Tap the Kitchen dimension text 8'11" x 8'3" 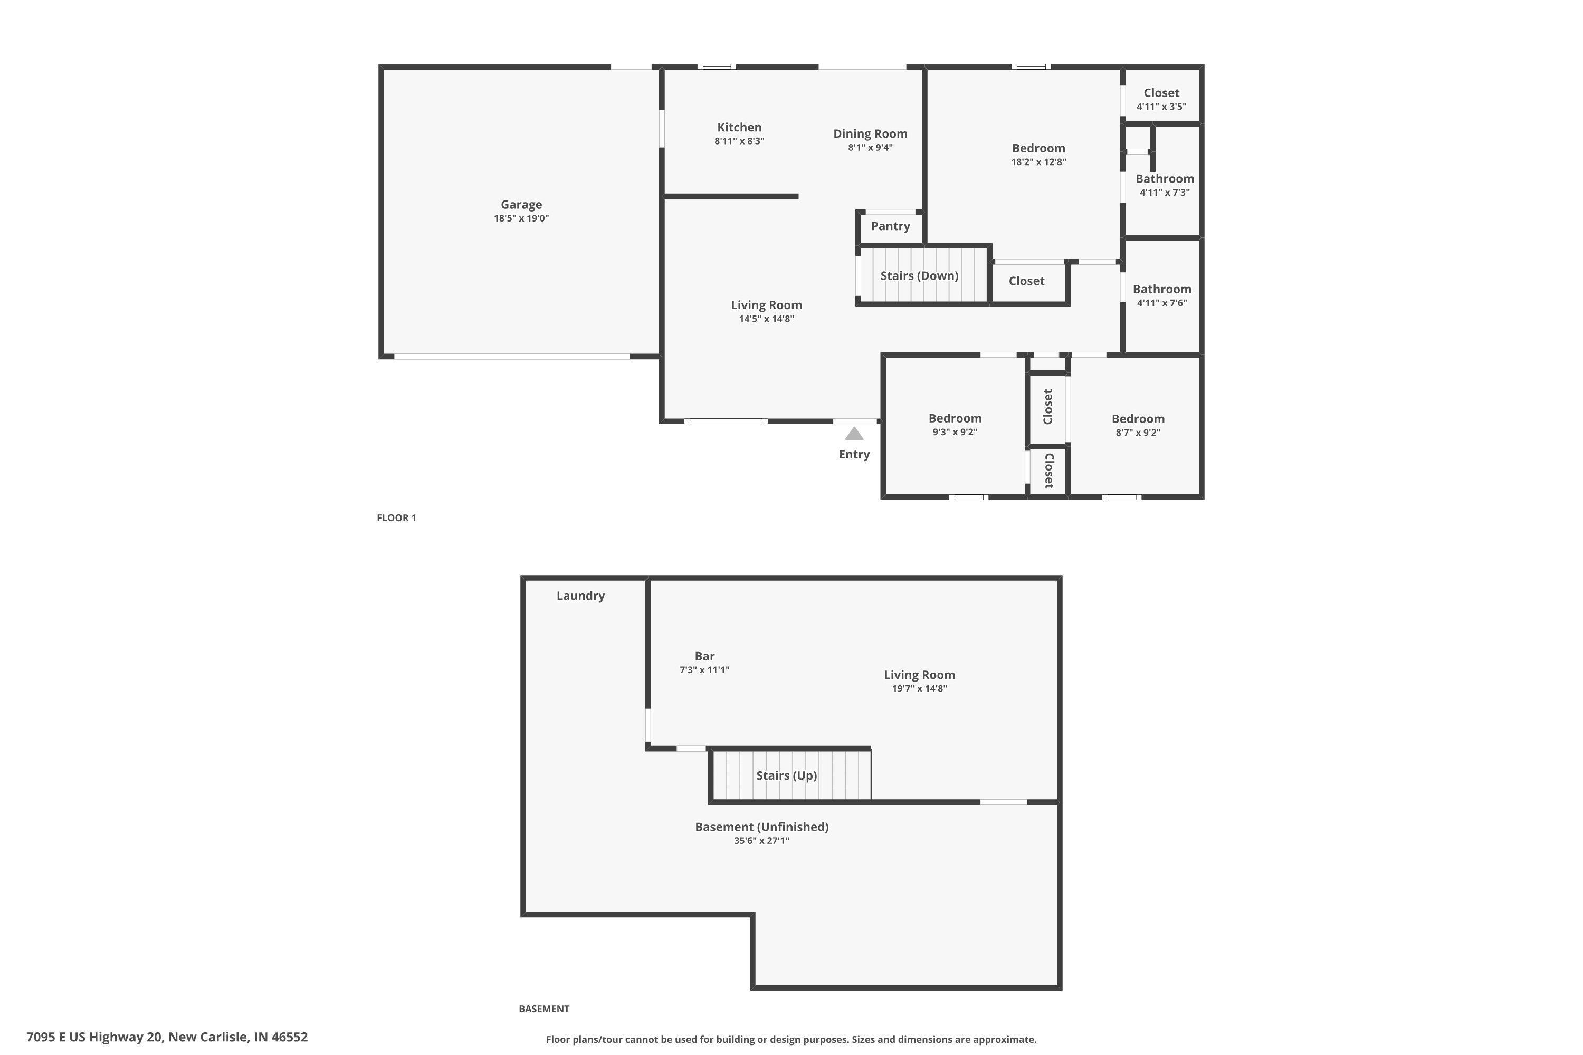coord(739,141)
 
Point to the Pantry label coord(891,226)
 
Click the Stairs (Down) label coord(919,276)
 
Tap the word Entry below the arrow coord(854,454)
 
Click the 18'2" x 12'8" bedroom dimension coord(1038,162)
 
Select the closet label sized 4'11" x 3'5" coord(1162,93)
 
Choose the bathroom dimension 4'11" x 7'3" coord(1165,193)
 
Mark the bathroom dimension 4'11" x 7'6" coord(1162,303)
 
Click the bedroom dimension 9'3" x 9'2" coord(955,433)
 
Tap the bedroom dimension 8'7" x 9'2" coord(1138,433)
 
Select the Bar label coord(704,656)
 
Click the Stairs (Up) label coord(786,776)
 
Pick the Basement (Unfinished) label coord(762,827)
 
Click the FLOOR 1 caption coord(396,518)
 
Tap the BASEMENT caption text coord(544,1009)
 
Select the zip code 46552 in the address coord(289,1037)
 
